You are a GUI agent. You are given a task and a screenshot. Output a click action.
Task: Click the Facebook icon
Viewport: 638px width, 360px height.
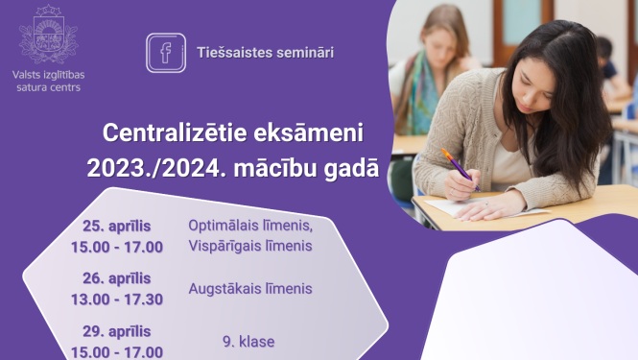(166, 52)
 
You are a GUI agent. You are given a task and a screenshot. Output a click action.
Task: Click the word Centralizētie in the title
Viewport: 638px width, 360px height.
(169, 132)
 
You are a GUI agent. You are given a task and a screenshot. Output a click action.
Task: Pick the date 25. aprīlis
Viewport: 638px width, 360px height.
(117, 227)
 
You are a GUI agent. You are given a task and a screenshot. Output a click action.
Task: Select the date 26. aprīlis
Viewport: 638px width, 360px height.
(117, 278)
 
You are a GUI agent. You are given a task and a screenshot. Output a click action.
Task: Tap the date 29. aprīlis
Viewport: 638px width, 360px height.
(117, 331)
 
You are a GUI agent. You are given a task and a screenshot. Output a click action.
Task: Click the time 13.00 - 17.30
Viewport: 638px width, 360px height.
(117, 299)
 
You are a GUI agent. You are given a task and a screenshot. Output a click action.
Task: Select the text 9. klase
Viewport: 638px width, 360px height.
(248, 341)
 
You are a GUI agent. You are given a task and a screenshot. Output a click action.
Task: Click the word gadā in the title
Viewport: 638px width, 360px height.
(348, 168)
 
